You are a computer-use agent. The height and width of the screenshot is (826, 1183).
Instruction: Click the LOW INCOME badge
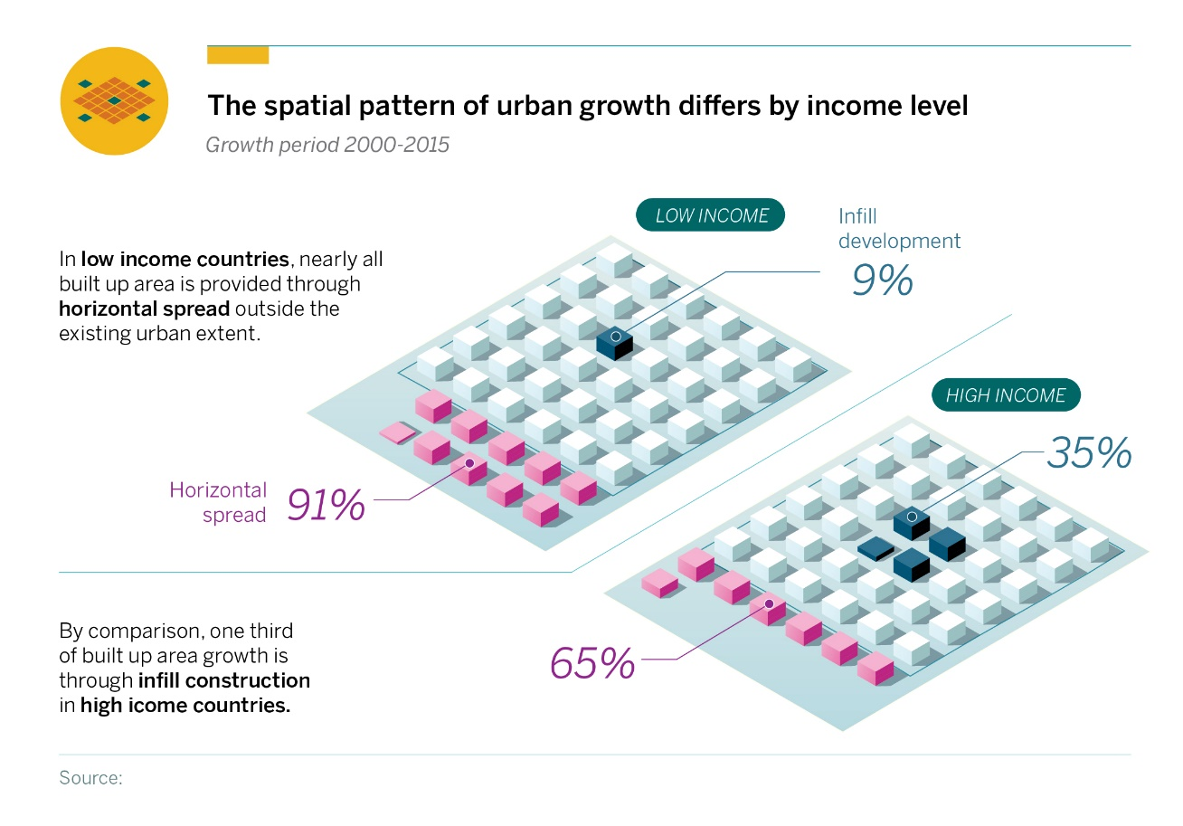click(x=711, y=215)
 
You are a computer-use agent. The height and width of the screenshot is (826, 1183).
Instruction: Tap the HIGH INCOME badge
click(x=1006, y=395)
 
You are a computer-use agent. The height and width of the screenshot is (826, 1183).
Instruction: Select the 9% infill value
click(x=882, y=280)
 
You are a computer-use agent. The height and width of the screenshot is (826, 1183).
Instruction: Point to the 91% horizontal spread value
click(x=326, y=506)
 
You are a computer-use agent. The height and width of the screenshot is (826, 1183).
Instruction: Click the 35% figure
click(x=1089, y=453)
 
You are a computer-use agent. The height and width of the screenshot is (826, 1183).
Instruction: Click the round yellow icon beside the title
click(x=114, y=100)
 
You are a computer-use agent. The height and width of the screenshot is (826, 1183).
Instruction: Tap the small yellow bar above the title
click(x=238, y=55)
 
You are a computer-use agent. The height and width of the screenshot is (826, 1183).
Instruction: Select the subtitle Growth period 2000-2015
click(x=327, y=145)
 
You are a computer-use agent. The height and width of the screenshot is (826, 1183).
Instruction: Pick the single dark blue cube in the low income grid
click(x=615, y=342)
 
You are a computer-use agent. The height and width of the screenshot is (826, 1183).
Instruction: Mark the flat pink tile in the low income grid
click(x=395, y=433)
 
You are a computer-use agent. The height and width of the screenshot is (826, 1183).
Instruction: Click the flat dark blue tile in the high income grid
click(x=875, y=548)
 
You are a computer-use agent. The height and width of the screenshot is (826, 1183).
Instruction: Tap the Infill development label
click(x=899, y=229)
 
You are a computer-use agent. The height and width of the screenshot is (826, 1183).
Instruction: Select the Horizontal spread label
click(x=218, y=502)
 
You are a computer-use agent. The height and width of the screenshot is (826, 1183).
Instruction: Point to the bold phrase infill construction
click(x=224, y=679)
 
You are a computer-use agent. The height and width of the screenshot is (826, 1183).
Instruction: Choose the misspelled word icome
click(x=164, y=706)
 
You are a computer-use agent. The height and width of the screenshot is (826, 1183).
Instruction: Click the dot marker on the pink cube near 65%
click(x=769, y=603)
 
